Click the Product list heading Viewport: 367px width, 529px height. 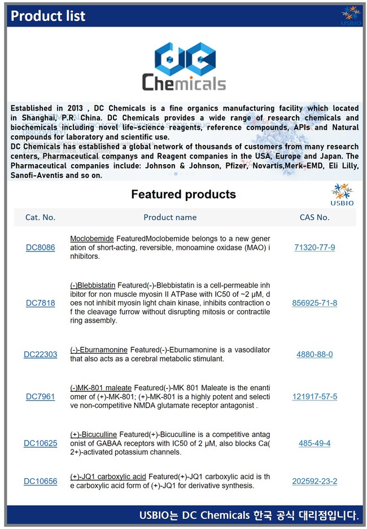pyautogui.click(x=49, y=16)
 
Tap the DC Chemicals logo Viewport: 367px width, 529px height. pyautogui.click(x=183, y=66)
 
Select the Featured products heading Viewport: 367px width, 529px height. pyautogui.click(x=183, y=195)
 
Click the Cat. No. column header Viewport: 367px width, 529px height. pyautogui.click(x=41, y=217)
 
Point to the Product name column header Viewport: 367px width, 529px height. pyautogui.click(x=170, y=217)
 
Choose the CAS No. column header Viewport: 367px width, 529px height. pyautogui.click(x=314, y=217)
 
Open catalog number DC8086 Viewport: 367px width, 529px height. pyautogui.click(x=41, y=248)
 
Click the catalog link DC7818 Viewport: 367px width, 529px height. pyautogui.click(x=41, y=303)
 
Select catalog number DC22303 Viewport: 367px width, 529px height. pyautogui.click(x=41, y=355)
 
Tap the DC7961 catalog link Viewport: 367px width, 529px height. pyautogui.click(x=41, y=396)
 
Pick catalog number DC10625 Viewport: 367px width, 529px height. pyautogui.click(x=41, y=443)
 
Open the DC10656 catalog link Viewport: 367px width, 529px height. pyautogui.click(x=41, y=481)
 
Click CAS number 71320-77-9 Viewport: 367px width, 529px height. pyautogui.click(x=314, y=248)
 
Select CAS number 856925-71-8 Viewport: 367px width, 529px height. pyautogui.click(x=314, y=303)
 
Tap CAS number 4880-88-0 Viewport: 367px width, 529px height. pyautogui.click(x=314, y=355)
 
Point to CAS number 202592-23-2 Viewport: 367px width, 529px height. pyautogui.click(x=314, y=481)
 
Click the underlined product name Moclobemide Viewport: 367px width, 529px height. pyautogui.click(x=92, y=239)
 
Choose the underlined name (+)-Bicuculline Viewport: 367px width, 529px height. pyautogui.click(x=94, y=434)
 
